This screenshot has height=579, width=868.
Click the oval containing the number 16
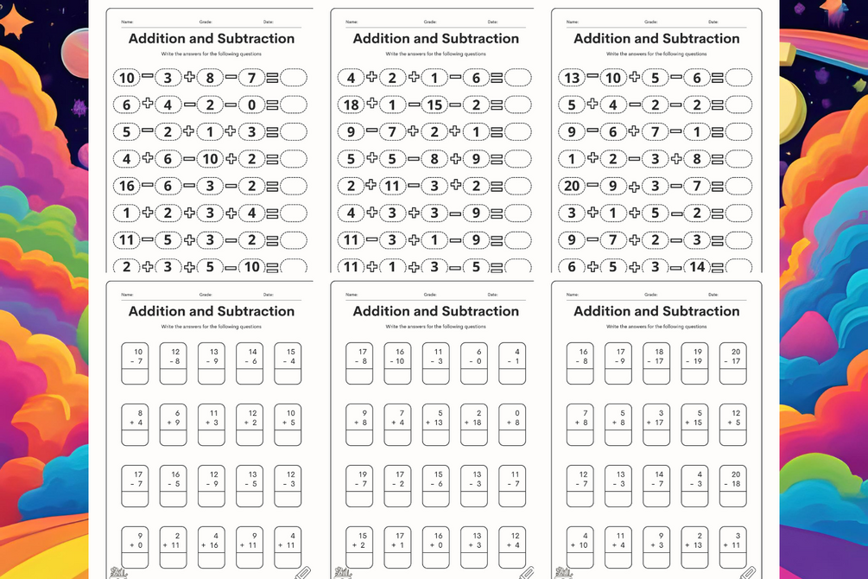pos(126,187)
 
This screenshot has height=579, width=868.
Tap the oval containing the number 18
pos(351,105)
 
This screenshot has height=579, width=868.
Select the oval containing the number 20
pos(571,187)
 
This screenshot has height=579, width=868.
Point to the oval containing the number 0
pos(251,105)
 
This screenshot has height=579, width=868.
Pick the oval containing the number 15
pos(435,105)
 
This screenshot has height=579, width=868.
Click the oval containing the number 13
pos(571,78)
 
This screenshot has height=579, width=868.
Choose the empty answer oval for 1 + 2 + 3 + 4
pos(293,213)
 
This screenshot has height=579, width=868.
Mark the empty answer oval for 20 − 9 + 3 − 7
pos(738,187)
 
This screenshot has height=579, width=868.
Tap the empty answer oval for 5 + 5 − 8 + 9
pos(517,159)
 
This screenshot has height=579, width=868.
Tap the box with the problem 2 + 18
pos(474,425)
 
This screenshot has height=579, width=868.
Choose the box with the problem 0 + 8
pos(513,425)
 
